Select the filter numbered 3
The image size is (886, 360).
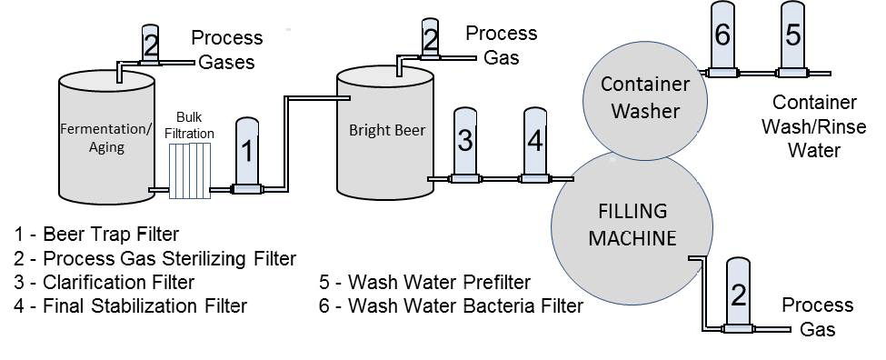coord(464,141)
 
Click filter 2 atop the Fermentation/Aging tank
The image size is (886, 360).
coord(151,43)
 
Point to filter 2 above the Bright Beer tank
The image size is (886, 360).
coord(431,38)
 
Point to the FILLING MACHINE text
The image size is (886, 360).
coord(632,225)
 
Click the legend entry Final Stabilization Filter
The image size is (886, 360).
coord(130,305)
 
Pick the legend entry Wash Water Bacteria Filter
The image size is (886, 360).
coord(451,305)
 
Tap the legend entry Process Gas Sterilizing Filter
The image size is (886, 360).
coord(154,258)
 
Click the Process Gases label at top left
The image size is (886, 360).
coord(226,50)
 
